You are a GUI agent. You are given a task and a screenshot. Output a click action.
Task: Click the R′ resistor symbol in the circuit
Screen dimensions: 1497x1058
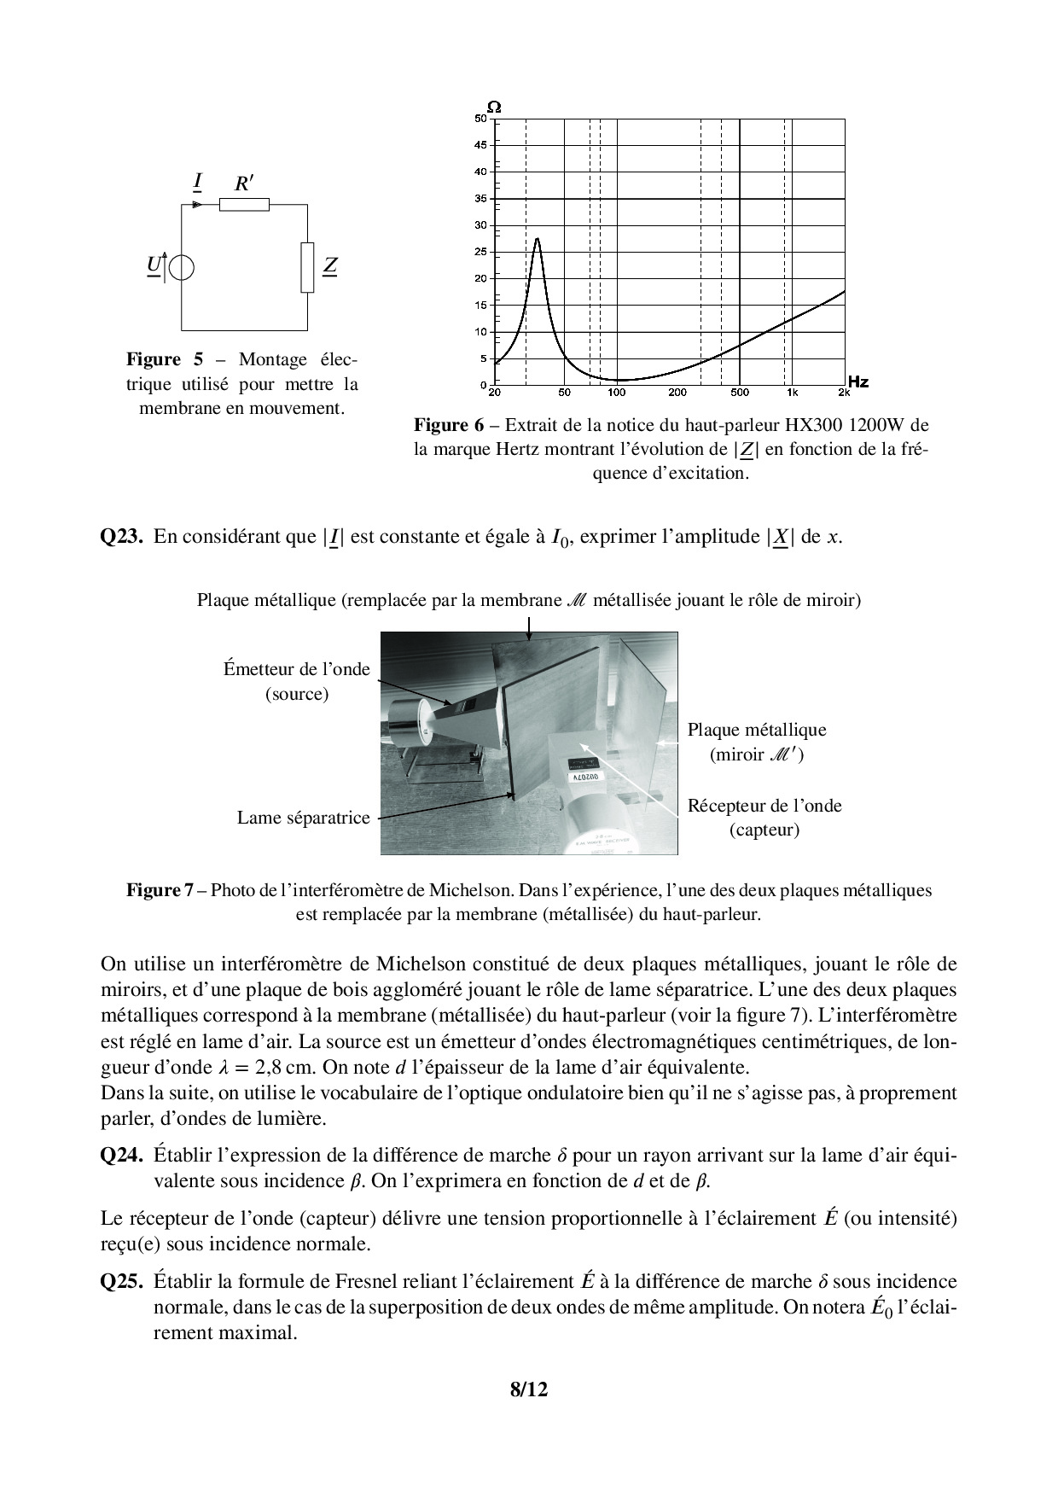[x=244, y=204]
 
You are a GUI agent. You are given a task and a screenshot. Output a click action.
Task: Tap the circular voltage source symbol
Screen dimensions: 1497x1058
[x=181, y=267]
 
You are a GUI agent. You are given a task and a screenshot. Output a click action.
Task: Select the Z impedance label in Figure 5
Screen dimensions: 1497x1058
[x=330, y=266]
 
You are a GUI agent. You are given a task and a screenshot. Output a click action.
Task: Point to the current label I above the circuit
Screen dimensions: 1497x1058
[x=198, y=181]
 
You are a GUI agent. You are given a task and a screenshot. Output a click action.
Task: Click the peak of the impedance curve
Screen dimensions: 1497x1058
[x=538, y=239]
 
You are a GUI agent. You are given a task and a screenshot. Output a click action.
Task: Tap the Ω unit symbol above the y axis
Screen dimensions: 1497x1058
[x=494, y=107]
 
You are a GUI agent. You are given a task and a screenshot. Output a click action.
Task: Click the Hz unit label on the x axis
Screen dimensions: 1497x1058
[x=857, y=382]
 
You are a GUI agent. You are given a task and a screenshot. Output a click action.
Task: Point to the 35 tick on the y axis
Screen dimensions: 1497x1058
[x=480, y=199]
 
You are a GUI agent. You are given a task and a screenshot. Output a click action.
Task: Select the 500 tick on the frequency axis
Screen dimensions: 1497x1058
[x=740, y=393]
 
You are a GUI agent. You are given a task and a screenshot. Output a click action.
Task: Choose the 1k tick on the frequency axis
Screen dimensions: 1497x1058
[x=792, y=393]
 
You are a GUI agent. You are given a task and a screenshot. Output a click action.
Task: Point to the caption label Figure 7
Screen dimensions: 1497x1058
[x=160, y=890]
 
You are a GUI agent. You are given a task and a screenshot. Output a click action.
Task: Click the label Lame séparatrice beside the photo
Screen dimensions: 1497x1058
[x=303, y=818]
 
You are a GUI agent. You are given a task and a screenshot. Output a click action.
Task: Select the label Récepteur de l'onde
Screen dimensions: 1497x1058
[x=764, y=806]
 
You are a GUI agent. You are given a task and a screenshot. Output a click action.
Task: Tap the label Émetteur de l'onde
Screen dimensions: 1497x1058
[x=297, y=669]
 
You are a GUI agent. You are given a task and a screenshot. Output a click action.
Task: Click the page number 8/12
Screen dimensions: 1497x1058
[x=529, y=1389]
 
